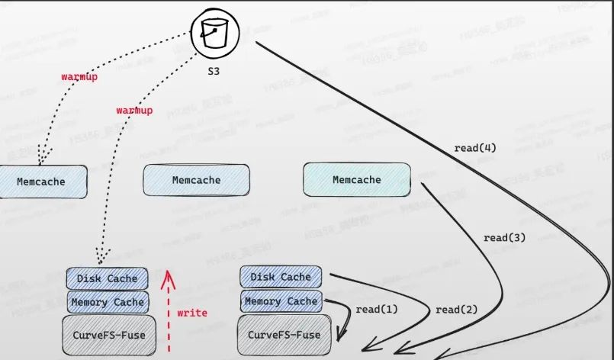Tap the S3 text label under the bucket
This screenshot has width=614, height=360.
tap(217, 71)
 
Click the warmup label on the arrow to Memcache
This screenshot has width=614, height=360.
tap(79, 77)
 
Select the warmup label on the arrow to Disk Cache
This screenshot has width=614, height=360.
tap(134, 111)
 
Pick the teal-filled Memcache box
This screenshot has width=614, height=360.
tap(356, 180)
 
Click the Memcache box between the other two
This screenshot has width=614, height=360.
tap(196, 180)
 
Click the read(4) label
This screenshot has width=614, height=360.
tap(475, 148)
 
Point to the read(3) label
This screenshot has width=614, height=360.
tap(504, 238)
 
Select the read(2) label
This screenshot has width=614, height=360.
tap(457, 310)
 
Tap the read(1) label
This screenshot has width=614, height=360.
tap(377, 310)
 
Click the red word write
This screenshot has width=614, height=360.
tap(191, 313)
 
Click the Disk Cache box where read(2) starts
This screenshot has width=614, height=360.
tap(281, 277)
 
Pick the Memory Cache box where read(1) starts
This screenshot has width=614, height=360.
tap(281, 301)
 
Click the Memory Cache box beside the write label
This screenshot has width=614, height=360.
tap(107, 302)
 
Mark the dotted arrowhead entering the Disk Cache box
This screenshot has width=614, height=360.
tap(99, 260)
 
